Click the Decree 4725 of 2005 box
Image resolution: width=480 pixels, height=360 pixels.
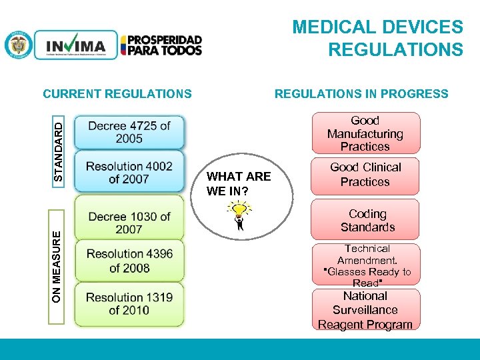click(129, 132)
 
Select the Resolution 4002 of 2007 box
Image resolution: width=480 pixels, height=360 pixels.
click(129, 172)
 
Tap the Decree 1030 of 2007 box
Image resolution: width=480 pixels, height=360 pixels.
click(129, 223)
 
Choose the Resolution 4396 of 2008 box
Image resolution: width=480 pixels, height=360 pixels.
click(129, 261)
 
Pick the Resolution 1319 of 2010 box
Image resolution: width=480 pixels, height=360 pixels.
click(129, 303)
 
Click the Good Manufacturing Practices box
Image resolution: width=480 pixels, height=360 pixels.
click(365, 133)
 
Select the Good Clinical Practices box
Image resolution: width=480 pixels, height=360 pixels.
click(365, 175)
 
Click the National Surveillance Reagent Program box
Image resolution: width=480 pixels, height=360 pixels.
click(365, 310)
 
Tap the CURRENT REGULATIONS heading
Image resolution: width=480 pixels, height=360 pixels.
click(117, 94)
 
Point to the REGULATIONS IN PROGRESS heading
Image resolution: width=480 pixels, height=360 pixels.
click(361, 94)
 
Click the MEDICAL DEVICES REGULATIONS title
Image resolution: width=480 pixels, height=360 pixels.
click(377, 38)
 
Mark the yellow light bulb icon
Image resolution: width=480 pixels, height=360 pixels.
click(239, 212)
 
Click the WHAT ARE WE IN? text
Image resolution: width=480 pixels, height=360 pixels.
click(239, 183)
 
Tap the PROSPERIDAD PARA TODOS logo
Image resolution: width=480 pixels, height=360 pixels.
click(161, 45)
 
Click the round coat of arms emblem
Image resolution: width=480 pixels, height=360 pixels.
click(18, 45)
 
